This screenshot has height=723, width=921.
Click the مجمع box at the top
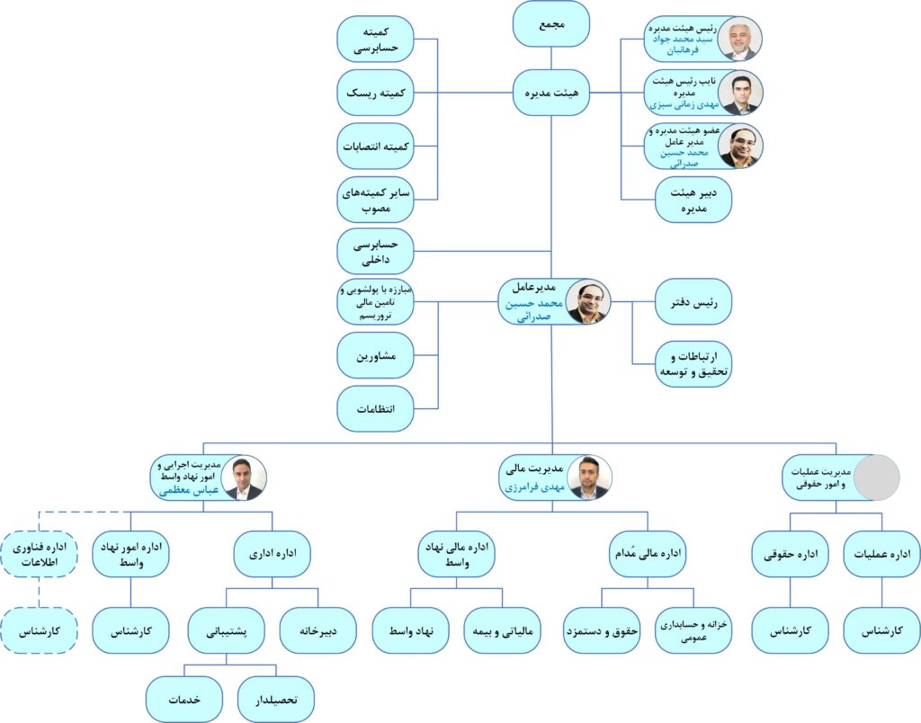[551, 24]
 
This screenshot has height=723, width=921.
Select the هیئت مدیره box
[551, 93]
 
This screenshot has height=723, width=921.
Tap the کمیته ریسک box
[375, 93]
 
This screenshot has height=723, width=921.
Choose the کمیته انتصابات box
[375, 147]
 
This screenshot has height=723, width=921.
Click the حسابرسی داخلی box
[375, 252]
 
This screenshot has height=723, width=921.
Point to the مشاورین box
[375, 355]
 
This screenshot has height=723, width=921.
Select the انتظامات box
[375, 409]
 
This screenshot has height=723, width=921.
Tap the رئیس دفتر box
[693, 302]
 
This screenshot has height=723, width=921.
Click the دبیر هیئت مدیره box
[693, 200]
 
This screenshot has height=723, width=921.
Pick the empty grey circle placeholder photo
[876, 478]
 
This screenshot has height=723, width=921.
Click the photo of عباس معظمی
[244, 478]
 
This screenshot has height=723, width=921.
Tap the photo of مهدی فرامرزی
[589, 478]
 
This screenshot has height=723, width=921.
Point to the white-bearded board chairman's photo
[739, 40]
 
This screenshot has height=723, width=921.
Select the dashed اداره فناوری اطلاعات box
[40, 555]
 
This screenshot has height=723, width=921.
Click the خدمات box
[184, 699]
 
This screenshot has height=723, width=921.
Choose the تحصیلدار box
[276, 699]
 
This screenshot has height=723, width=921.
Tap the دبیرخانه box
[317, 630]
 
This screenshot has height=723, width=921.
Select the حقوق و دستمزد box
[602, 630]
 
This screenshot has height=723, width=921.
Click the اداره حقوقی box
[790, 554]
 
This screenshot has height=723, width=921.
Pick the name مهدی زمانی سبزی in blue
[684, 104]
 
